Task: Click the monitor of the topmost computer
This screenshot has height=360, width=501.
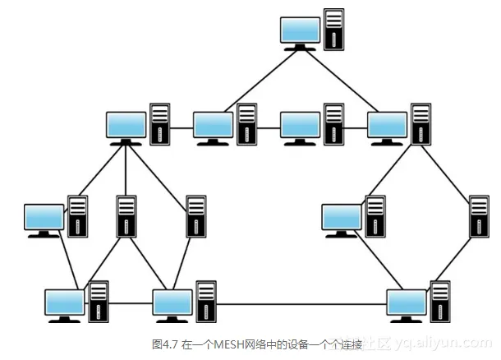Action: coord(299,31)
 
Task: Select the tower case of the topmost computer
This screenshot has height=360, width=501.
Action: coord(333,30)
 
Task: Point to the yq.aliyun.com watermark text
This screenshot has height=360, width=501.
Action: coord(444,342)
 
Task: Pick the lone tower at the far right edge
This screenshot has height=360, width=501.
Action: coord(479,216)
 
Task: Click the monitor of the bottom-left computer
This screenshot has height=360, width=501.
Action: coord(64,302)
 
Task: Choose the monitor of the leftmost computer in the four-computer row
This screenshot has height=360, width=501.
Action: coord(126,125)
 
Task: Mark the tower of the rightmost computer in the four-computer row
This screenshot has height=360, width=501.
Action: coord(421,124)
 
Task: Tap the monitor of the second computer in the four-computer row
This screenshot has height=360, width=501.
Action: coord(214,125)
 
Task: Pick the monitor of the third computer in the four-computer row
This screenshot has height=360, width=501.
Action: coord(301,125)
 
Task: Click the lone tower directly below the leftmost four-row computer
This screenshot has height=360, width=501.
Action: coord(126,216)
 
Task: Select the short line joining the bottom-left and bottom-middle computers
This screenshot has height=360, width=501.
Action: coord(131,304)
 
